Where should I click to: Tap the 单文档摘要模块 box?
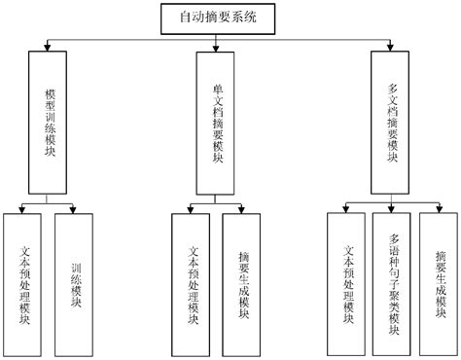218,124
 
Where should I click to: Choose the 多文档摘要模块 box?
393,124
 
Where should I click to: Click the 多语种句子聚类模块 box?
393,282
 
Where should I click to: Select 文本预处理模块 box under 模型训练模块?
25,282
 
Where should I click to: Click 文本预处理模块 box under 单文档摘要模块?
192,282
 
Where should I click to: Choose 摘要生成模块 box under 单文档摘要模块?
243,282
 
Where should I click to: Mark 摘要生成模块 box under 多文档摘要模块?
440,282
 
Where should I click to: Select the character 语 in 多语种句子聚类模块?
393,251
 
